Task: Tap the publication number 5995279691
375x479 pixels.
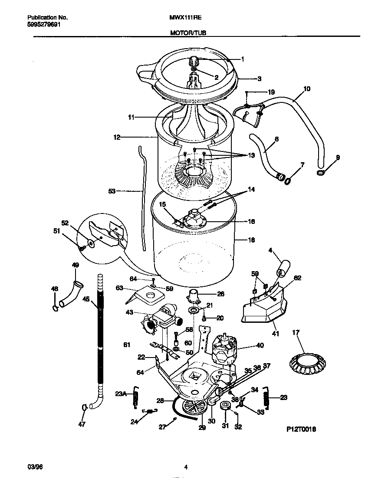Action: pos(44,24)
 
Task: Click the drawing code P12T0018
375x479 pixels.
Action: pos(301,429)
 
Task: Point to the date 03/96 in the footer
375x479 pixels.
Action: pos(34,467)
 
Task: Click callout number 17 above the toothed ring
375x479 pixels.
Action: pos(296,333)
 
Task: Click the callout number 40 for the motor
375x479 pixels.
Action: pos(260,346)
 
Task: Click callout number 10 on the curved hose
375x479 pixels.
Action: pos(306,89)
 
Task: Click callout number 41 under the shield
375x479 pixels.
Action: pos(275,334)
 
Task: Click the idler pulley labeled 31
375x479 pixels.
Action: pos(225,406)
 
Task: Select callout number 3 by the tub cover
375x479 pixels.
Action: pos(259,79)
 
